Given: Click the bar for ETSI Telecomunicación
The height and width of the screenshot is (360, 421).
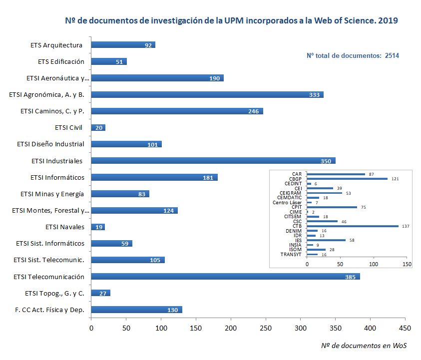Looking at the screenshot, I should point(225,277).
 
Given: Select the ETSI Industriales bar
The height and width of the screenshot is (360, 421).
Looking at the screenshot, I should point(213,161).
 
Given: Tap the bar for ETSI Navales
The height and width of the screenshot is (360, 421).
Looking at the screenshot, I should point(98,227).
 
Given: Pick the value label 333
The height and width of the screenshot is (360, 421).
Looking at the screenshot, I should point(315,95).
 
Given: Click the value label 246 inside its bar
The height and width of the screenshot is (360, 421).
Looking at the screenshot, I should point(254,111).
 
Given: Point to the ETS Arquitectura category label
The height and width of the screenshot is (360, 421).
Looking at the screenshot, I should point(56,45).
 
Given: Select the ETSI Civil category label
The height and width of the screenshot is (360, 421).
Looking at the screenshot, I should point(68,128).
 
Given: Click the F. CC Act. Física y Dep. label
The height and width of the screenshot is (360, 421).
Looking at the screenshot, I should point(49,310).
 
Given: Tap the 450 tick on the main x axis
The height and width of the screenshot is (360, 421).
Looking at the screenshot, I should point(405,328).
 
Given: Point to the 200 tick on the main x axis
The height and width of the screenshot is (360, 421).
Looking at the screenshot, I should point(231,328).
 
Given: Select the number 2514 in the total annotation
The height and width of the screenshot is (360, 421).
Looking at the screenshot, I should point(392,56).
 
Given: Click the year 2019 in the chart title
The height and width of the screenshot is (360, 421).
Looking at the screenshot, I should point(388,21).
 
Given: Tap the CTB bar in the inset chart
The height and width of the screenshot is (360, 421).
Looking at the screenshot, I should point(353,226).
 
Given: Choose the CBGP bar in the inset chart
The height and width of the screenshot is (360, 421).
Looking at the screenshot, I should point(347,179).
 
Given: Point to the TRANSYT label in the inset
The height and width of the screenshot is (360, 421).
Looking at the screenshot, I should point(291,255).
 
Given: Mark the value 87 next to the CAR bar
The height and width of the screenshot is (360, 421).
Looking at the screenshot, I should point(372,174).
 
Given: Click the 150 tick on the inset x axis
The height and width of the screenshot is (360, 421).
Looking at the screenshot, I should point(407,264).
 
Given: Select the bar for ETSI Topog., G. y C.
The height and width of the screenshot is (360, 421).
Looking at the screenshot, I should point(100,293).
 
